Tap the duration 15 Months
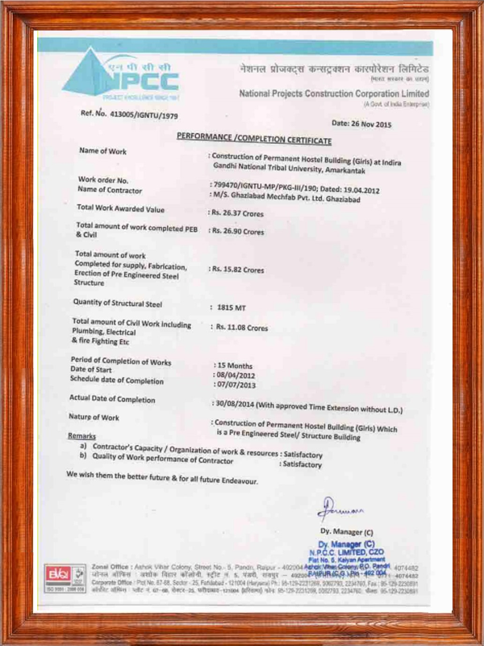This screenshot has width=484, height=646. (x=234, y=366)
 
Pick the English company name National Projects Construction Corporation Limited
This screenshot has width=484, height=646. (x=334, y=94)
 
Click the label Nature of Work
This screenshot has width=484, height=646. (x=94, y=417)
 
